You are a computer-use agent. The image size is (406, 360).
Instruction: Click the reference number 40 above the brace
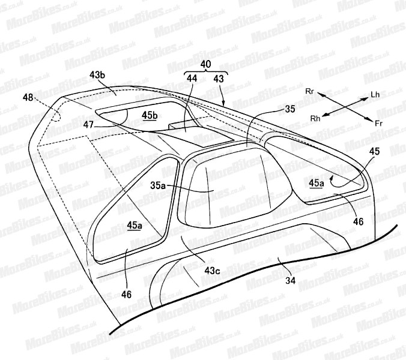point(206,64)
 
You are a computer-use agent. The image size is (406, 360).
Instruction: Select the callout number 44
point(192,79)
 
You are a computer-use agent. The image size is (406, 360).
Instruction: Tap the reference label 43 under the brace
point(219,79)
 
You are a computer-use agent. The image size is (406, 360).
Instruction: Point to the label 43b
point(97,75)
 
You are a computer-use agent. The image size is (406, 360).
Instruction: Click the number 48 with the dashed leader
point(28,97)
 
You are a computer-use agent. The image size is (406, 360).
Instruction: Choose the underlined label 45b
point(150,115)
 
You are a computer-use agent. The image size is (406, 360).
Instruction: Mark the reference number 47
point(88,125)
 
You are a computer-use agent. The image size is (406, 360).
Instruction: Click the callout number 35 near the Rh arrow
point(289,109)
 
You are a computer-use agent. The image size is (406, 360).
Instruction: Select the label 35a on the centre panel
point(158,185)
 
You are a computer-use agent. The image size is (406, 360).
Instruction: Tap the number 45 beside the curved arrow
point(374,151)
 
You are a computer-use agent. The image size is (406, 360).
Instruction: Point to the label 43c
point(213,271)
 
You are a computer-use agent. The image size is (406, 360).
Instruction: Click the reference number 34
point(290,280)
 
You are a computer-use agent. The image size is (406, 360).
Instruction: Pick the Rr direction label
point(310,91)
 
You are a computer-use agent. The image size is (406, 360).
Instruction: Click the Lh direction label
point(375,94)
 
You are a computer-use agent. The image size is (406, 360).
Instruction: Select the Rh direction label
point(315,118)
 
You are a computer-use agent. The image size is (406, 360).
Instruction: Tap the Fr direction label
point(379,124)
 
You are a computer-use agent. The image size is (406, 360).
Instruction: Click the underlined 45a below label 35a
point(135,226)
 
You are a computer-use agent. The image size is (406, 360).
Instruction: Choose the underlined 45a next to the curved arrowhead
point(317,184)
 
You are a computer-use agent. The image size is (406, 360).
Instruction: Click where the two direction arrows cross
point(343,106)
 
